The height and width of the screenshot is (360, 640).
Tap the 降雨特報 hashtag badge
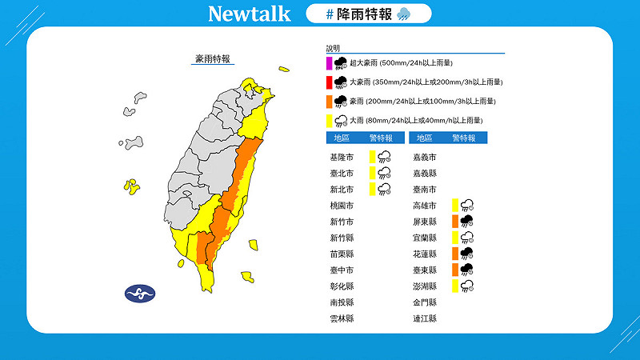368,14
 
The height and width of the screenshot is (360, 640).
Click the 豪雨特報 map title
213,58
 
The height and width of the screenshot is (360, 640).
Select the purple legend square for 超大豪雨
329,62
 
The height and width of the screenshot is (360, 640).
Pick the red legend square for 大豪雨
329,82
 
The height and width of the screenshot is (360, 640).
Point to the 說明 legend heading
333,48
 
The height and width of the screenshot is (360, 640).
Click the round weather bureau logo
141,293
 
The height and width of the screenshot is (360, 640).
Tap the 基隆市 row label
340,157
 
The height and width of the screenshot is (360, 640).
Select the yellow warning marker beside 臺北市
372,173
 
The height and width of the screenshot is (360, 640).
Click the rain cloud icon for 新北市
384,189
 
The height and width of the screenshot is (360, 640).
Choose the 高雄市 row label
425,206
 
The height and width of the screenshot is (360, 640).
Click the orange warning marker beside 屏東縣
454,222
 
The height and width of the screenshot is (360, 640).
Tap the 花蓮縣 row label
425,254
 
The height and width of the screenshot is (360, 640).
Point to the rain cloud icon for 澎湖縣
466,286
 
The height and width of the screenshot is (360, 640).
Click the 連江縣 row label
425,318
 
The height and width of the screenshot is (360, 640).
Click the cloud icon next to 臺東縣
466,270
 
